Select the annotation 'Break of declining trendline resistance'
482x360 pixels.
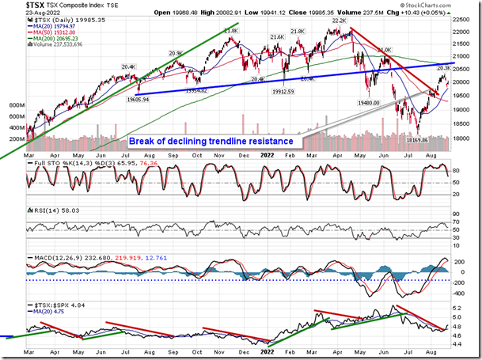pyautogui.click(x=211, y=141)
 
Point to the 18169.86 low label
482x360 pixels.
pyautogui.click(x=419, y=138)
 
